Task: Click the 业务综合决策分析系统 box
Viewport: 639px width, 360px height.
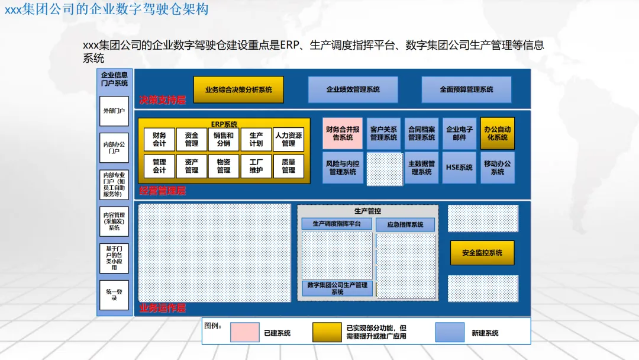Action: pos(238,89)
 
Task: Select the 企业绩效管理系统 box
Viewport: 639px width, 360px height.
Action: pos(353,89)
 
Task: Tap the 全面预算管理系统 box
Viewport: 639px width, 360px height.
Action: pos(466,89)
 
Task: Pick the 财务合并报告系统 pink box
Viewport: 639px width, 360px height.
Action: pos(343,133)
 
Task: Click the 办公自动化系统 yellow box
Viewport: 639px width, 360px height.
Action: pos(497,133)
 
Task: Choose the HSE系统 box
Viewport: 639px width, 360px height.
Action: pos(459,168)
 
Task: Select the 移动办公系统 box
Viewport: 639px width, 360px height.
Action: pos(497,168)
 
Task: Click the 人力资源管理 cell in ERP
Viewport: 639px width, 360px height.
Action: pos(288,139)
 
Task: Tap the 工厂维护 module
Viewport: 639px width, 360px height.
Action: pos(256,166)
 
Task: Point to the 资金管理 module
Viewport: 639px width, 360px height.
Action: pos(192,139)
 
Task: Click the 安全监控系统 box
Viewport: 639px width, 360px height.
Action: pos(482,253)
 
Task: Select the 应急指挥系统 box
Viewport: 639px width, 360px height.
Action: pos(405,225)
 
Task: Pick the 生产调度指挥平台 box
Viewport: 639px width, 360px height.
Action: pos(337,224)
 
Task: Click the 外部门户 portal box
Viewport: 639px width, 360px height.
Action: pos(114,111)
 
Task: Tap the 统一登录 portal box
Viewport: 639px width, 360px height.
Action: pos(114,295)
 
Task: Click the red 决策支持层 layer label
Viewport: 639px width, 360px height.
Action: pos(163,100)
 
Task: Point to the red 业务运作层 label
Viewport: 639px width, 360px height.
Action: pos(163,308)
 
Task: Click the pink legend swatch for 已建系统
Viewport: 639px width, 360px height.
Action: pos(244,332)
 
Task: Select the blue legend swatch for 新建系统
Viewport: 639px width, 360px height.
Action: pos(450,332)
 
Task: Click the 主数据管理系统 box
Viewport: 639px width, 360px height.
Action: pos(421,168)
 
